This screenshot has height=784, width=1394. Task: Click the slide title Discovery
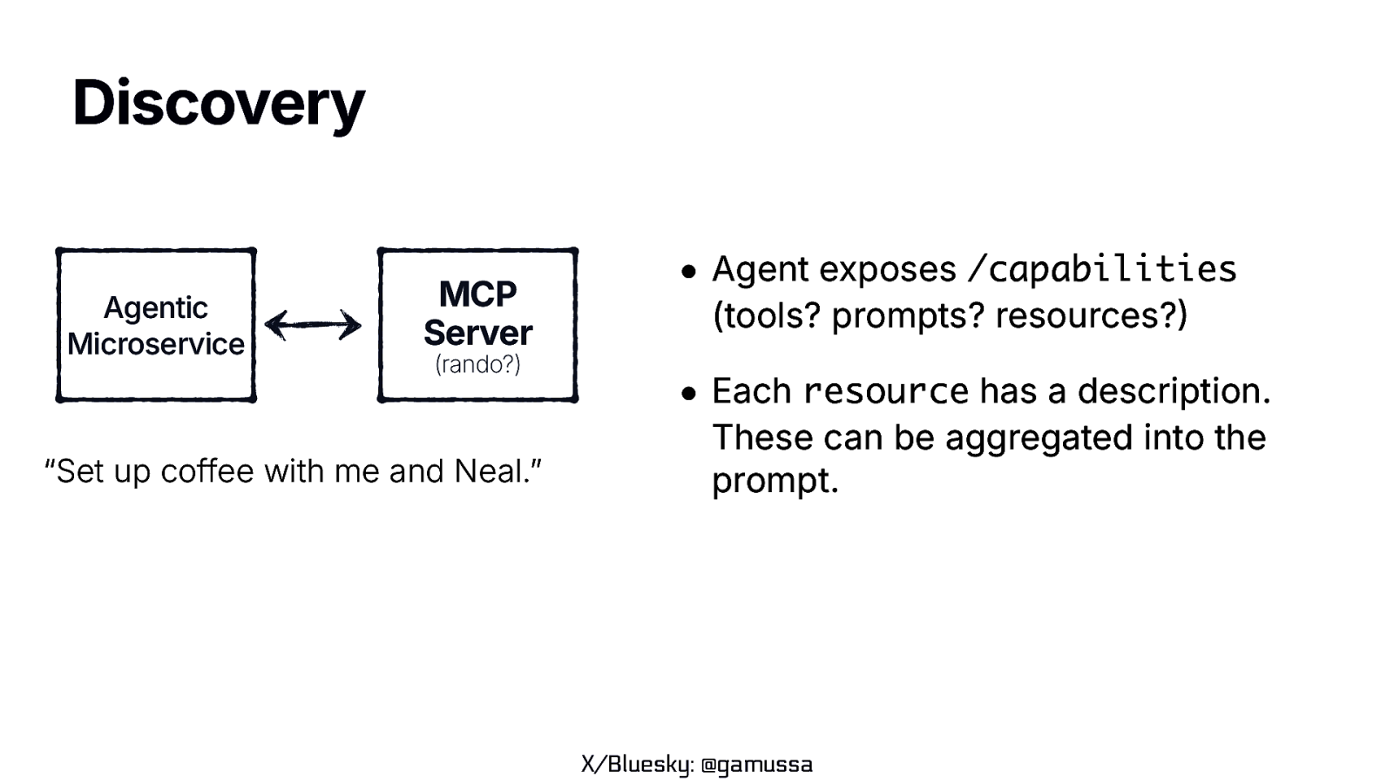point(218,104)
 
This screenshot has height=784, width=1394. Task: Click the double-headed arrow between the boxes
point(313,325)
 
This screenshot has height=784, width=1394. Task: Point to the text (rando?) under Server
point(477,364)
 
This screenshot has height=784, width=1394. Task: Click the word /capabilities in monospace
point(1102,269)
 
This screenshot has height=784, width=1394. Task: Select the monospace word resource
point(885,392)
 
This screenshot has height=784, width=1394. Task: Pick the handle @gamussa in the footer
point(756,765)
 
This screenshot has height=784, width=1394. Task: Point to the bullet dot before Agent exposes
point(689,272)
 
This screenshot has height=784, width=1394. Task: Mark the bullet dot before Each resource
point(689,394)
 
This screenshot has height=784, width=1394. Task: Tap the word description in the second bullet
point(1170,392)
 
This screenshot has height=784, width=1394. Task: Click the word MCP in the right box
point(477,294)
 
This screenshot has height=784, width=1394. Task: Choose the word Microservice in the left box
point(156,344)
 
